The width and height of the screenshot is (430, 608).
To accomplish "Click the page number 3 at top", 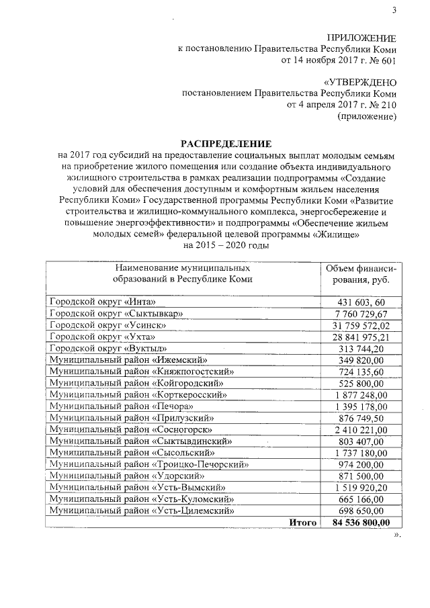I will (x=394, y=9).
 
